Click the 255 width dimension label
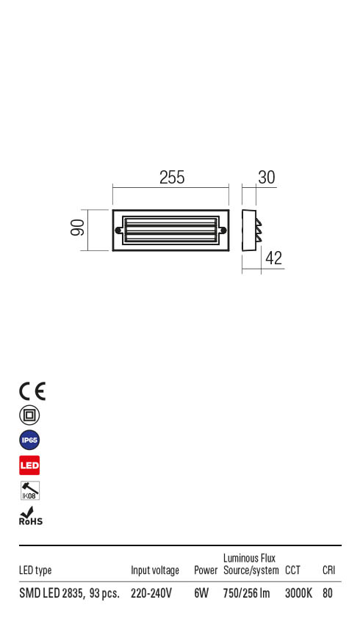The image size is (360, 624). pos(171,178)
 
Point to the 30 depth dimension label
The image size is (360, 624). pos(266,178)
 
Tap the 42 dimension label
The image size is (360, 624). pos(273,258)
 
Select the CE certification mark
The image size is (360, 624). pos(32,391)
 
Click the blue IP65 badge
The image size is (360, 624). pos(29,440)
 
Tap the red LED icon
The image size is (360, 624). pos(29,465)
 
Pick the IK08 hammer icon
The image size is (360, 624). pos(29,491)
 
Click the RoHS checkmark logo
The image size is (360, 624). pos(30,516)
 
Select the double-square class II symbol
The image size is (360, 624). pos(29,416)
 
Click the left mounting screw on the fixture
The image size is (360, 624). pos(118,230)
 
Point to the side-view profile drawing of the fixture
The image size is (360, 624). pos(251,230)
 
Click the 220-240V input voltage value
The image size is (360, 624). pos(151,593)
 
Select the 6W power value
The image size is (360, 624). pos(201,593)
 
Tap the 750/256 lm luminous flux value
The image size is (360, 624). pos(246,593)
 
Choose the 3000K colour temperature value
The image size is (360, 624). pos(298,593)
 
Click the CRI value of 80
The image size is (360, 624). pos(328,593)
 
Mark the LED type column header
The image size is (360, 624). pos(35,570)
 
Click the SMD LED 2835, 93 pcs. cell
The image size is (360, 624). pos(69,593)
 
